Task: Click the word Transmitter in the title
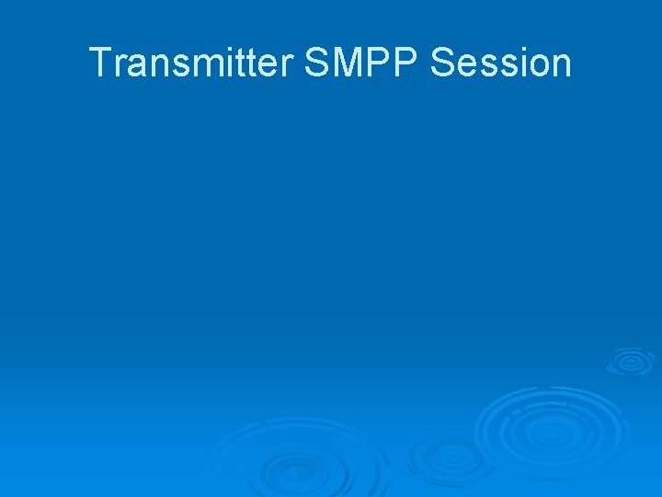point(191,64)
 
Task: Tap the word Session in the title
point(501,64)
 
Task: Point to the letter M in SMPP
point(350,64)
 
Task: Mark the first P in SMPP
point(382,64)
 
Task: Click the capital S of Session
point(444,64)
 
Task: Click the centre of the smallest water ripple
point(630,361)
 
